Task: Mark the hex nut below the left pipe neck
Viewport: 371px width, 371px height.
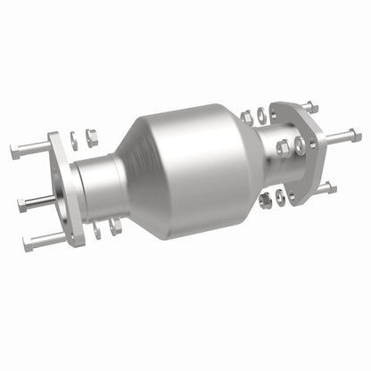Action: tap(115, 228)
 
